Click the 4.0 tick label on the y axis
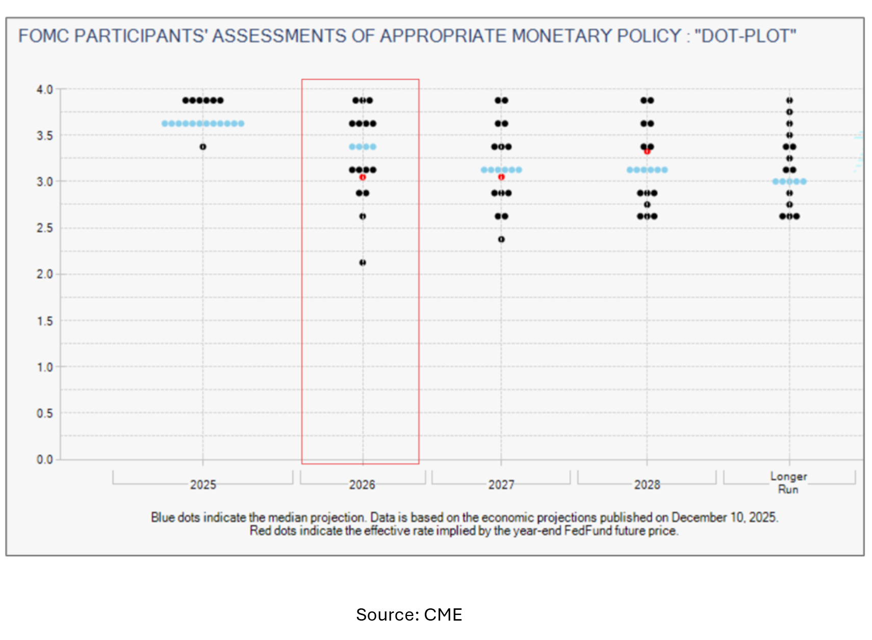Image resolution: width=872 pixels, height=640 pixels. pyautogui.click(x=44, y=90)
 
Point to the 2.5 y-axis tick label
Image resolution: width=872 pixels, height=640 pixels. pyautogui.click(x=44, y=228)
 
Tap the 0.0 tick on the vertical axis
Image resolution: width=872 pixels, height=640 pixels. pyautogui.click(x=44, y=459)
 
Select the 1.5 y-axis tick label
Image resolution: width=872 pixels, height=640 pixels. pyautogui.click(x=44, y=321)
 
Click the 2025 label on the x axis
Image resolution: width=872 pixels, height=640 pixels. pyautogui.click(x=203, y=484)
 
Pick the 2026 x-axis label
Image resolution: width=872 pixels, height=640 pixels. pyautogui.click(x=362, y=484)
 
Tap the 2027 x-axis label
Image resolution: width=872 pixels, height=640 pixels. pyautogui.click(x=501, y=484)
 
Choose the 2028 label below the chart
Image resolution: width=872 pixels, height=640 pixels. pyautogui.click(x=647, y=484)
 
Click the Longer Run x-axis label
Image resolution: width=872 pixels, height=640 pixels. pyautogui.click(x=788, y=482)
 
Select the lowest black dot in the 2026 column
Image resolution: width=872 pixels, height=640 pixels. pyautogui.click(x=363, y=262)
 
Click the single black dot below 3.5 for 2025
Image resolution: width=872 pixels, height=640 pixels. pyautogui.click(x=203, y=146)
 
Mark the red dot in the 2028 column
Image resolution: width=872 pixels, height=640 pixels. pyautogui.click(x=647, y=152)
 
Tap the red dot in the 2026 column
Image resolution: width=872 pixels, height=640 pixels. pyautogui.click(x=363, y=177)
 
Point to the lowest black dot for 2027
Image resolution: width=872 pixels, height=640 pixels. pyautogui.click(x=501, y=239)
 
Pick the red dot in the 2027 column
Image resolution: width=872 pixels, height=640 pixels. pyautogui.click(x=501, y=177)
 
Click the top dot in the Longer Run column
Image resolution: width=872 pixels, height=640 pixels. pyautogui.click(x=789, y=101)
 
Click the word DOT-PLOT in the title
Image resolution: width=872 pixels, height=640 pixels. pyautogui.click(x=746, y=36)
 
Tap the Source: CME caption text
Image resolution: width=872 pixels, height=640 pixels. pyautogui.click(x=409, y=614)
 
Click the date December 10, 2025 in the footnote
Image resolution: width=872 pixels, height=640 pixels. pyautogui.click(x=724, y=517)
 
